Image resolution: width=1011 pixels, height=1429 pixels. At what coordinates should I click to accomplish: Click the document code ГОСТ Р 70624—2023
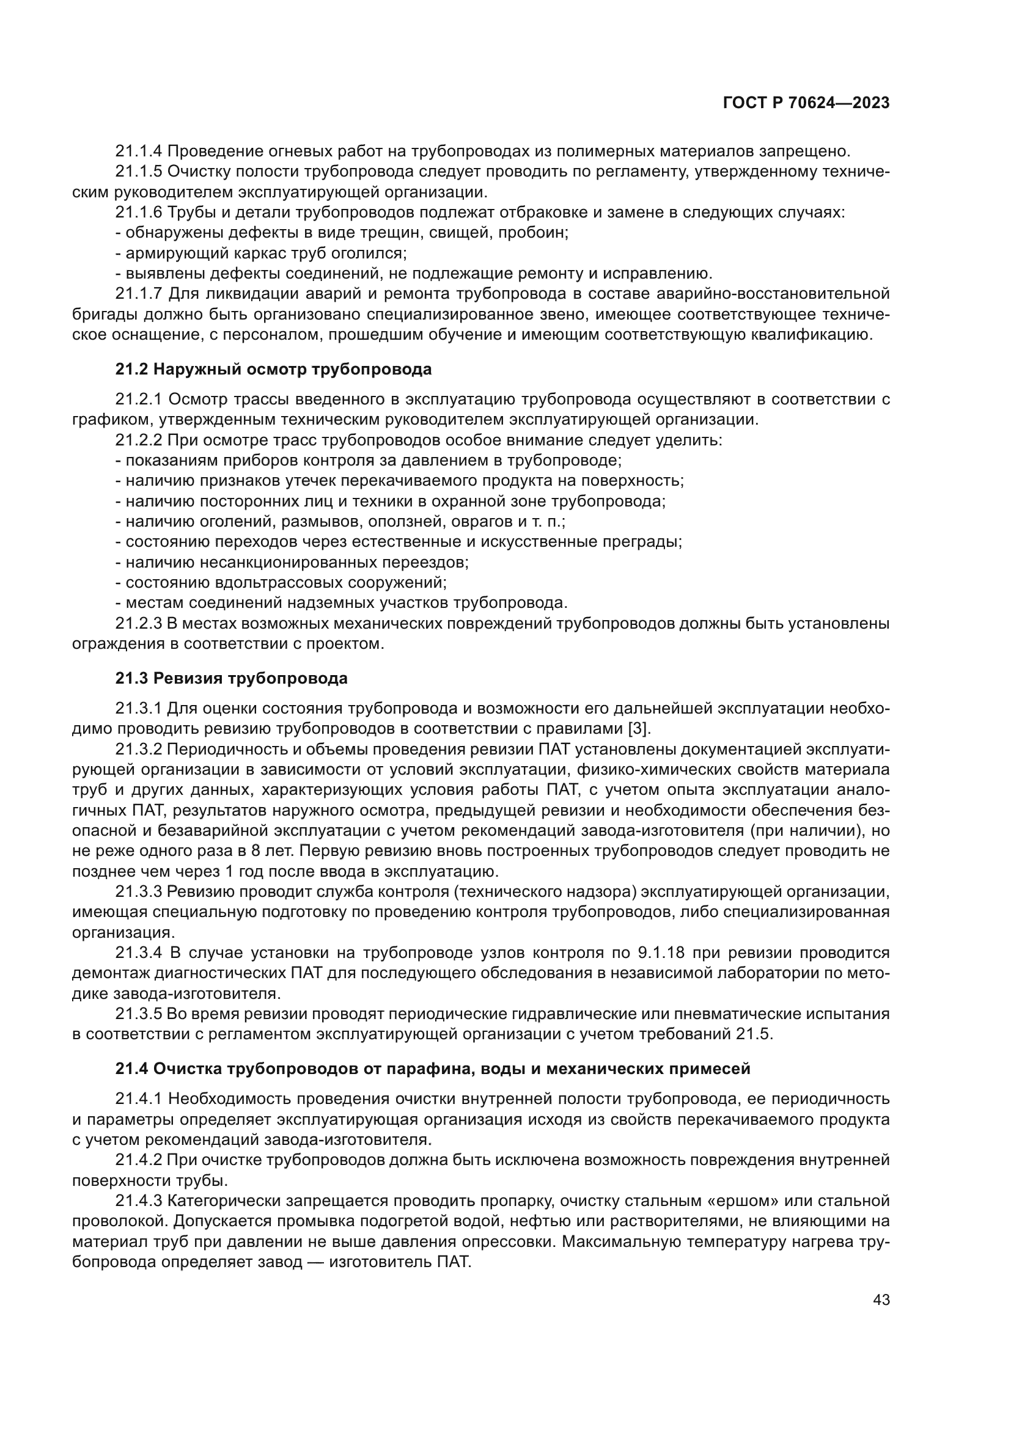[x=806, y=103]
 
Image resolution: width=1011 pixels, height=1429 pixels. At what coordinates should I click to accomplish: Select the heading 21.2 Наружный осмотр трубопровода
[x=273, y=369]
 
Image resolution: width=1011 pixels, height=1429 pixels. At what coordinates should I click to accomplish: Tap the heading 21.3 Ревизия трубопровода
[x=231, y=678]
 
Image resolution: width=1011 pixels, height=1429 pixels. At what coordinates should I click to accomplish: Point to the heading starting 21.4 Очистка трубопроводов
[x=433, y=1069]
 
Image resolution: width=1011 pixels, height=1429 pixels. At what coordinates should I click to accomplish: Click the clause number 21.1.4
[x=139, y=152]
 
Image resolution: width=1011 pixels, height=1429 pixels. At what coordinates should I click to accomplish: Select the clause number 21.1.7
[x=139, y=294]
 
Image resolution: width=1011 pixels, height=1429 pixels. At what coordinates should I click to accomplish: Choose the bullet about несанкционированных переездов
[x=293, y=563]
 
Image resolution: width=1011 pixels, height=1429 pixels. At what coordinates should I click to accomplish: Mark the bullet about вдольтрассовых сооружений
[x=281, y=583]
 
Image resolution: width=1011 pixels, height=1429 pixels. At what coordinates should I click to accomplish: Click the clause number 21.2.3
[x=139, y=624]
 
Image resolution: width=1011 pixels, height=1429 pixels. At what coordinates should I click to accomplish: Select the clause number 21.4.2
[x=139, y=1160]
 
